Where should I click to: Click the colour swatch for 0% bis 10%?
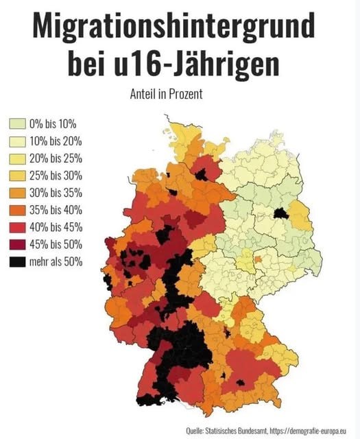17,124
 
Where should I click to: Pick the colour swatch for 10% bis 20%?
17,141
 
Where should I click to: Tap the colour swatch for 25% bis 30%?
17,176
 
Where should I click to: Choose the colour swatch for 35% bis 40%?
17,210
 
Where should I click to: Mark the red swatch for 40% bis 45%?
17,227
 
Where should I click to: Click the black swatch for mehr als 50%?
17,261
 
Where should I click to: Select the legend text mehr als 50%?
56,261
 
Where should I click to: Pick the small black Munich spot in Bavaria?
241,382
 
